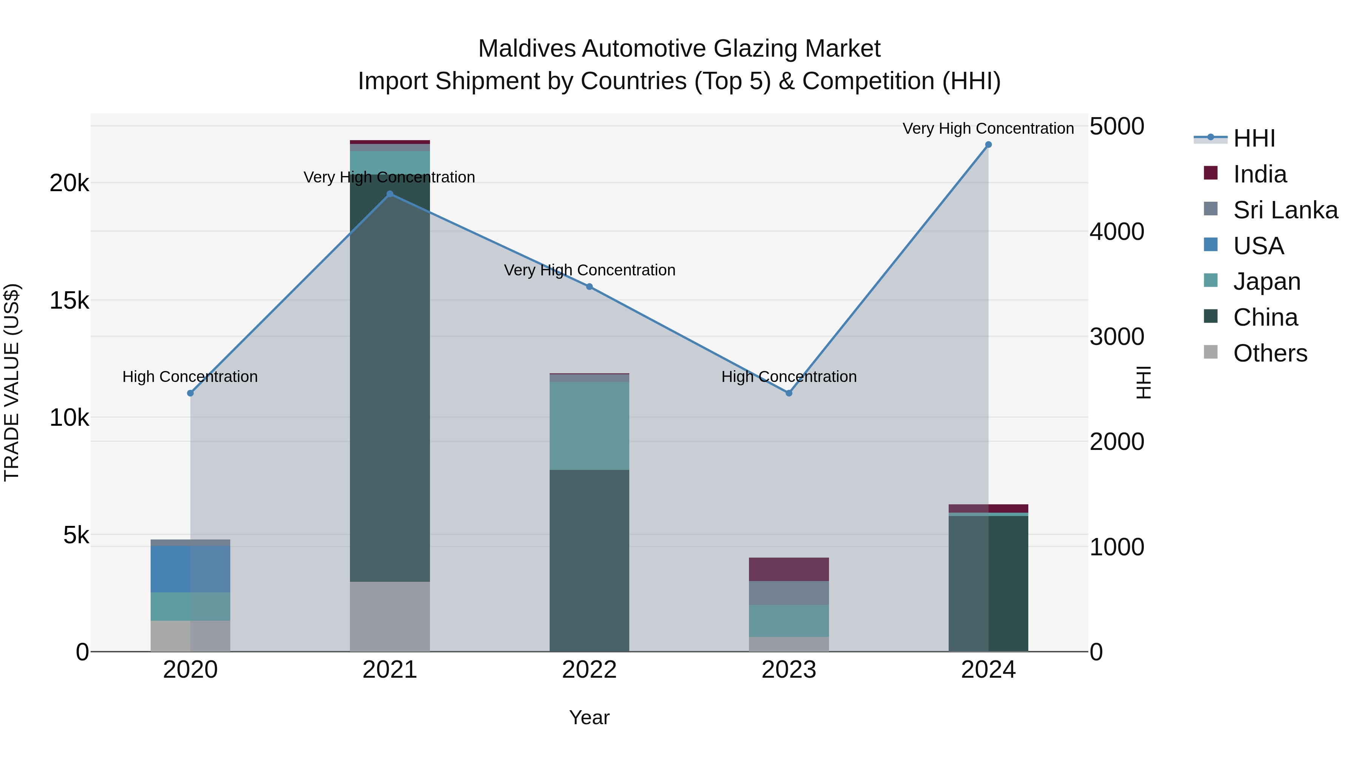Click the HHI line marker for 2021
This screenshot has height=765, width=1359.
390,194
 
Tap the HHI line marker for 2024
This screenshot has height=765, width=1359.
988,145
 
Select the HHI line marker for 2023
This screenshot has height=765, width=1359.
789,393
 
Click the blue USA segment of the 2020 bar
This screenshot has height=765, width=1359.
191,569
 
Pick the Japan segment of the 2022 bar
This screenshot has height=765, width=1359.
589,425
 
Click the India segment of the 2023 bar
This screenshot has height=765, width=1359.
789,569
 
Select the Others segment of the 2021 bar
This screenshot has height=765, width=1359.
390,616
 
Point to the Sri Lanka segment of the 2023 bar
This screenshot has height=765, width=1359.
789,593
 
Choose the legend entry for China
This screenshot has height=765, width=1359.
1265,317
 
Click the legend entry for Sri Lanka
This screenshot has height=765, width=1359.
1285,210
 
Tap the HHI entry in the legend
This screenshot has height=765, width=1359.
1253,138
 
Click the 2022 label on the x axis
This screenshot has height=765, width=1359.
589,670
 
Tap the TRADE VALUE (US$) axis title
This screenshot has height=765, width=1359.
12,382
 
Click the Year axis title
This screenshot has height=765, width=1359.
589,717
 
